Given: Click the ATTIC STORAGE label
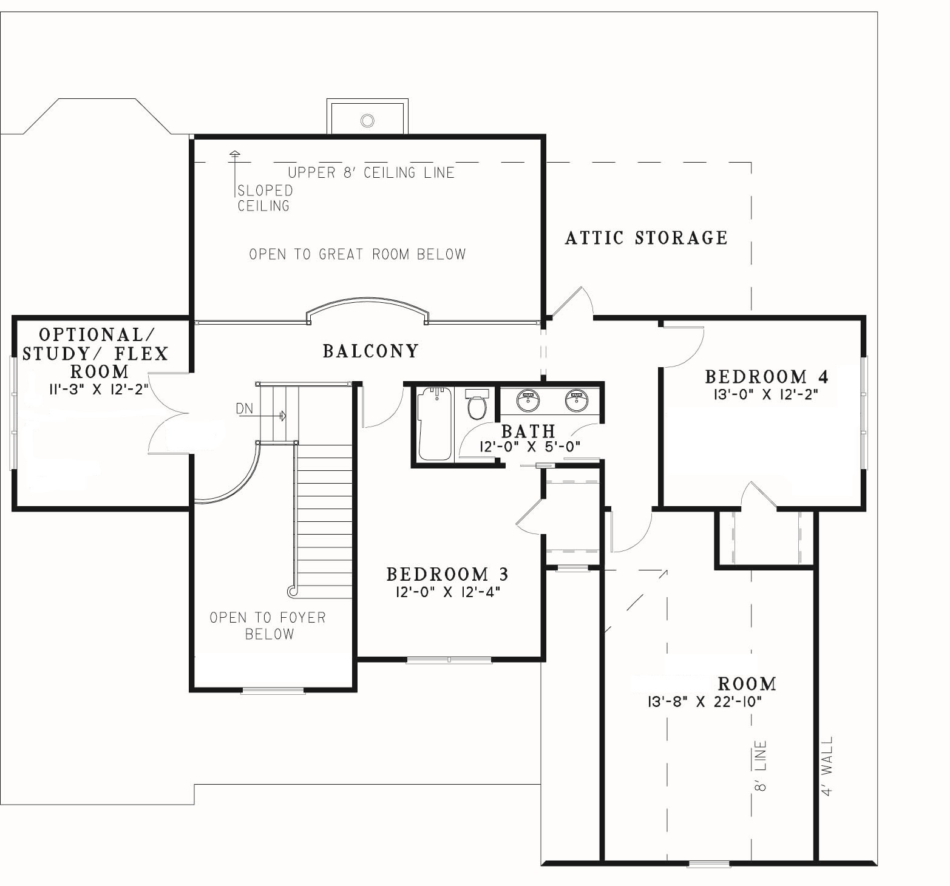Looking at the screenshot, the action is tap(646, 237).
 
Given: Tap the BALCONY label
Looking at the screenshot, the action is tap(371, 351).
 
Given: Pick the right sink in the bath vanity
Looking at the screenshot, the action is tap(576, 399).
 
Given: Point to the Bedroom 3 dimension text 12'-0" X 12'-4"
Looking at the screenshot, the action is tap(447, 592).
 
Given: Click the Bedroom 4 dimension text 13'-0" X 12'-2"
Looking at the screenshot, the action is tap(767, 394).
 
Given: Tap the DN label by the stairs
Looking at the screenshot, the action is tap(245, 409).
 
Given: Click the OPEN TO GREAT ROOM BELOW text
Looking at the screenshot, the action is tap(358, 254).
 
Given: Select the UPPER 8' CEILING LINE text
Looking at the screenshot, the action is tap(371, 172).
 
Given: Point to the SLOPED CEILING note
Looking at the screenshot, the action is tap(265, 198).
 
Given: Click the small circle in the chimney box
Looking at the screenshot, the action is tap(367, 120).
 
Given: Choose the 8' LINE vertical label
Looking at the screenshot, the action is tap(761, 766).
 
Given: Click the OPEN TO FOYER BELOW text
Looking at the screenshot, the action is tap(268, 626).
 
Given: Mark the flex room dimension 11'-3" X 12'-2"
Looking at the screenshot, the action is tap(99, 389).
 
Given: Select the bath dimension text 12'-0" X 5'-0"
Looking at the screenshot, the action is tap(530, 447).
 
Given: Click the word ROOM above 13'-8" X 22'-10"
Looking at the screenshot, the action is tap(747, 684).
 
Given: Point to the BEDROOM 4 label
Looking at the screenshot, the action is tap(767, 376).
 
